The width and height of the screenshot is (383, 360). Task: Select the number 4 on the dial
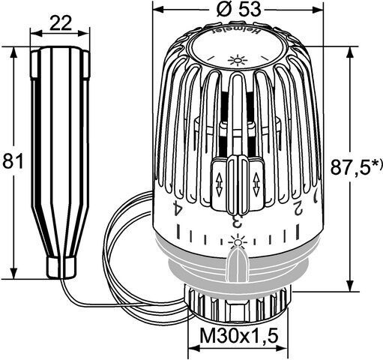click(177, 208)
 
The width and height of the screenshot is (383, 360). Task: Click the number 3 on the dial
click(235, 220)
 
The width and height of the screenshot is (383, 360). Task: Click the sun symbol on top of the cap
click(238, 60)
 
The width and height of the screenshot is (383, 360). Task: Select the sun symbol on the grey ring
click(238, 241)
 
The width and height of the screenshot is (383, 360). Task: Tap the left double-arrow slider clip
click(218, 180)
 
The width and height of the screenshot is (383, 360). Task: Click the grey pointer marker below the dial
click(238, 262)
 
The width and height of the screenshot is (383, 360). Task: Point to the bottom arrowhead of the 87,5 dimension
click(349, 286)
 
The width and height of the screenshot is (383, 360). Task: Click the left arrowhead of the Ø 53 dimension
click(156, 11)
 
